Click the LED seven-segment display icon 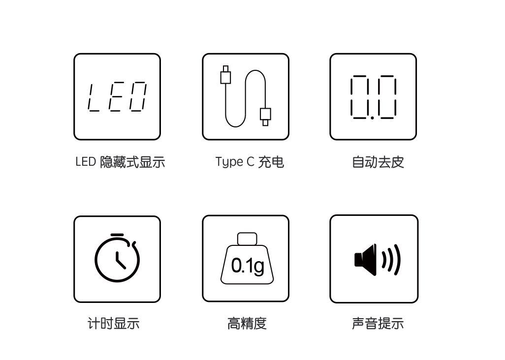[x=117, y=97]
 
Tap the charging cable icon [x=245, y=97]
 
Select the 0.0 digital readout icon [x=373, y=97]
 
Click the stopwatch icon [x=117, y=258]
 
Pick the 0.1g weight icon [x=246, y=259]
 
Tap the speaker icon [x=377, y=259]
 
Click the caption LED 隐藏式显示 [x=120, y=162]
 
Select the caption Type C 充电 [x=250, y=162]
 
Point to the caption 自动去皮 [x=378, y=162]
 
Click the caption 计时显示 [x=114, y=324]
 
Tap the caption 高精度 [x=247, y=324]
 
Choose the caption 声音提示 [x=378, y=324]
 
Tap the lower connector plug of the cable [x=265, y=116]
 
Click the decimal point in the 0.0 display [x=373, y=118]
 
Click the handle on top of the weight [x=247, y=239]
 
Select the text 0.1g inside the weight [x=248, y=266]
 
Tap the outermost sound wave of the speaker [x=397, y=259]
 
